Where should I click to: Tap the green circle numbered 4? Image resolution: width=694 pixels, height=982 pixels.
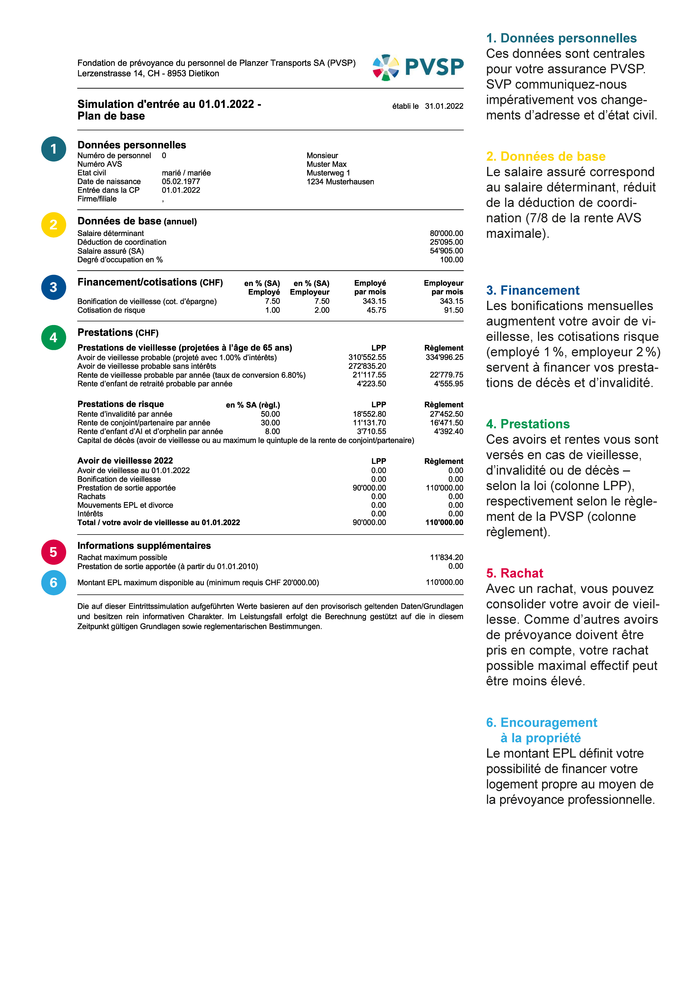point(53,337)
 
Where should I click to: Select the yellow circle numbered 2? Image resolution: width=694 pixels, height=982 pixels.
point(53,225)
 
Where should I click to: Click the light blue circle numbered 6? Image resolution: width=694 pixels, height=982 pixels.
point(53,583)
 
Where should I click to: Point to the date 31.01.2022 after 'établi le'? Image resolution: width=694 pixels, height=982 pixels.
point(444,106)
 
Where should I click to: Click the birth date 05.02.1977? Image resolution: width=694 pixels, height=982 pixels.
point(181,181)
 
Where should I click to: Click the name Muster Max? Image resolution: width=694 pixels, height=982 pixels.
point(326,164)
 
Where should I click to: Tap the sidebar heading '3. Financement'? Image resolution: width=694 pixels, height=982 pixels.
point(532,290)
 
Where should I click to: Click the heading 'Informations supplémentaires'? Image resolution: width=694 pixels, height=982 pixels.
point(144,546)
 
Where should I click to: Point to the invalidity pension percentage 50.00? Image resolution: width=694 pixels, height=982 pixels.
point(270,414)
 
